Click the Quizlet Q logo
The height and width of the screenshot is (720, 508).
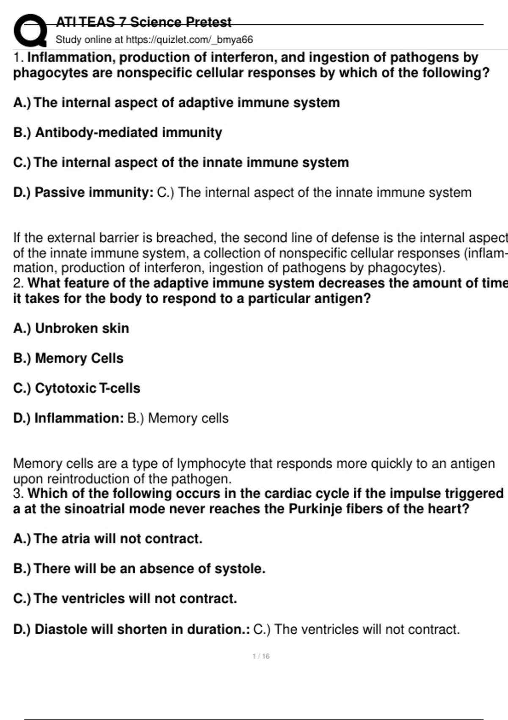coord(30,30)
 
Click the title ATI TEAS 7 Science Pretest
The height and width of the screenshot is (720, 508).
coord(144,22)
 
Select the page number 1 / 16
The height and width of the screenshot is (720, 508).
coord(261,656)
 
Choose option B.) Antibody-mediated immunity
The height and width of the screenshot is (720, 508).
coord(118,133)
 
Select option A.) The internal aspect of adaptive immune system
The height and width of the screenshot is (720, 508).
coord(177,102)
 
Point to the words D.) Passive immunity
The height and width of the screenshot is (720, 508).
coord(83,192)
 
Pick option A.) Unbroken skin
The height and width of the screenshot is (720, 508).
coord(71,328)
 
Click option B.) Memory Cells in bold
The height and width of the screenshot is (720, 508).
coord(68,358)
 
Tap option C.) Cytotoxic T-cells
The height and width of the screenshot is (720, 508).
coord(77,388)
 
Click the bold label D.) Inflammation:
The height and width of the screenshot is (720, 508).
coord(68,418)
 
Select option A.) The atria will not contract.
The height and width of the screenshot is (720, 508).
coord(108,539)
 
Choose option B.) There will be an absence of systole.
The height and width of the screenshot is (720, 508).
coord(139,568)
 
